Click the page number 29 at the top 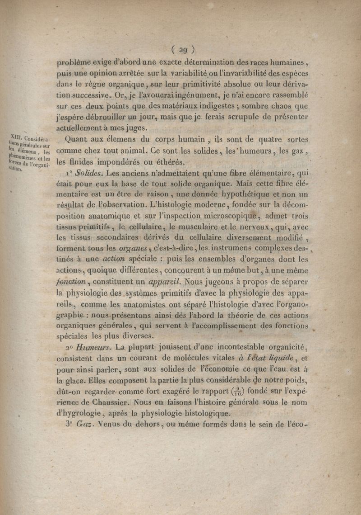[x=183, y=50]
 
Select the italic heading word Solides [x=88, y=173]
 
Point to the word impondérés [x=122, y=162]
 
